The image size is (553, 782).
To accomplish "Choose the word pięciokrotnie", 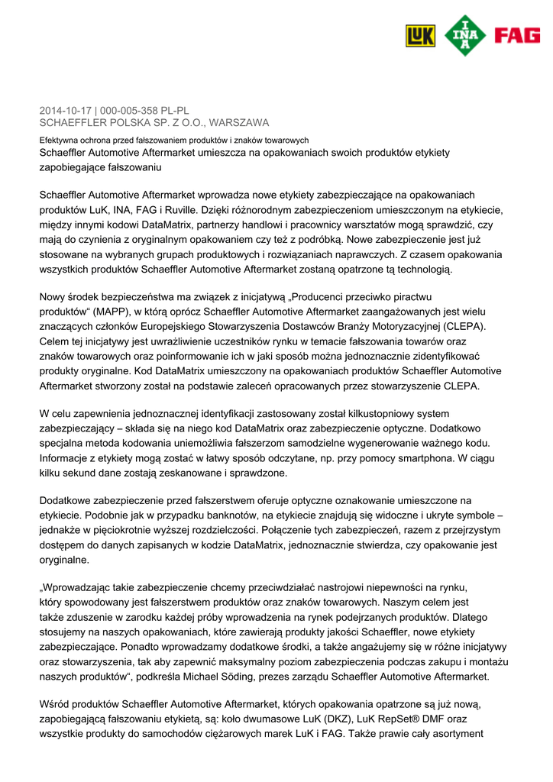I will point(121,530).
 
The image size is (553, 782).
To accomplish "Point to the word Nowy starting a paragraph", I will point(53,297).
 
